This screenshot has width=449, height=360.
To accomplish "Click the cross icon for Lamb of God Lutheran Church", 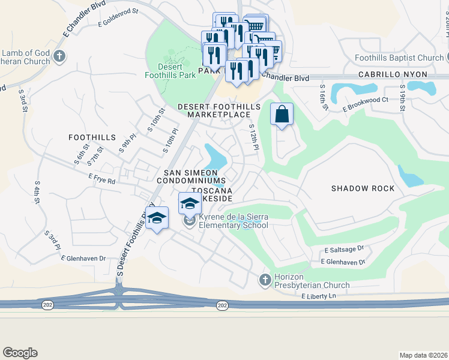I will (59, 56).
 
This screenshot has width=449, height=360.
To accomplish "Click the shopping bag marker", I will (282, 114).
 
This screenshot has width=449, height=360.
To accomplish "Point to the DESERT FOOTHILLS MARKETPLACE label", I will (218, 110).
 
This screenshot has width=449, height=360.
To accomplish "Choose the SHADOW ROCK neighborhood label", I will (363, 188).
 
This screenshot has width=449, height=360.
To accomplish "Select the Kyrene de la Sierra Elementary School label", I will (233, 221).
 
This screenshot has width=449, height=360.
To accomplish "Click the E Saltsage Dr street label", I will (344, 249).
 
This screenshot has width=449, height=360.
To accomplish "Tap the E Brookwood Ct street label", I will (365, 104).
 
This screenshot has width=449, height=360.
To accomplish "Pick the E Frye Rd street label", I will (101, 178).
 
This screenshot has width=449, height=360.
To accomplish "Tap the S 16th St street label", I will (322, 94).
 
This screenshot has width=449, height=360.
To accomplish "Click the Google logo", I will (20, 353).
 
